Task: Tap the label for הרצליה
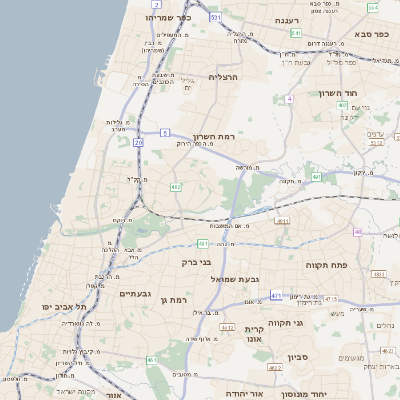coord(225,76)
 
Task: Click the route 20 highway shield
coord(138,144)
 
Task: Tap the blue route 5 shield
coord(165,131)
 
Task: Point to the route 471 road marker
coord(275,297)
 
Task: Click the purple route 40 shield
coord(357,232)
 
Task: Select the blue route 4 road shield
coord(289,99)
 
